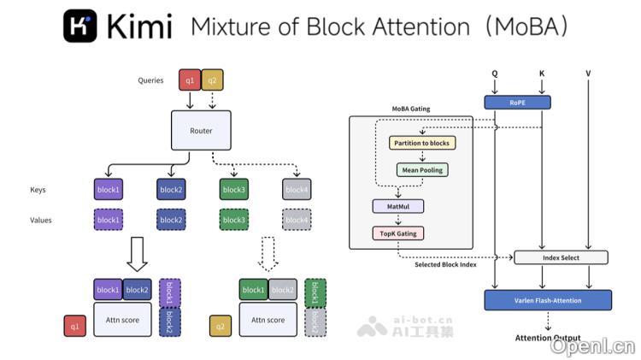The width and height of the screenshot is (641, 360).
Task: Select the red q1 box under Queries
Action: (x=190, y=81)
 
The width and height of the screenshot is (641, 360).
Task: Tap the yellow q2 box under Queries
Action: (x=213, y=81)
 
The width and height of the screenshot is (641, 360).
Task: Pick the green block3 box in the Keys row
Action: (x=233, y=190)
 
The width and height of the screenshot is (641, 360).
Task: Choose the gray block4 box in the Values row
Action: (x=296, y=220)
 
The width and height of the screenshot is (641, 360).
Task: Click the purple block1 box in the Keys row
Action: (x=108, y=190)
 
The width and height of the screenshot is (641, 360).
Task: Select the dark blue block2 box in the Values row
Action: (x=170, y=220)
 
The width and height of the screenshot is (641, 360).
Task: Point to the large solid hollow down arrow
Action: (x=139, y=254)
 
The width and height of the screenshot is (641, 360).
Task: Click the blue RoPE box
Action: (x=517, y=103)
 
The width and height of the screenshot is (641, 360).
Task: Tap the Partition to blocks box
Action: (x=420, y=143)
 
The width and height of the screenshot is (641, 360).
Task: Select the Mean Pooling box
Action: (x=422, y=169)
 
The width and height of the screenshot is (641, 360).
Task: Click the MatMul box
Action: (x=397, y=206)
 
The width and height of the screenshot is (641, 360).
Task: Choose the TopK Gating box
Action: (x=397, y=233)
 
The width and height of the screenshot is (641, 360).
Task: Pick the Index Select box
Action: (x=561, y=257)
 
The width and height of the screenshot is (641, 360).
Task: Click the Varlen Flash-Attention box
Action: (x=548, y=299)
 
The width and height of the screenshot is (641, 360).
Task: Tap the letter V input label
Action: (x=588, y=74)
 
